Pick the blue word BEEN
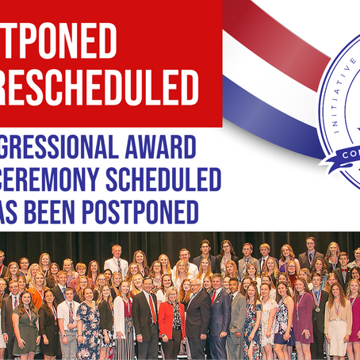(x=89, y=212)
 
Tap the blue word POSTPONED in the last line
(x=168, y=212)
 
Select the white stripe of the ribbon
(x=254, y=63)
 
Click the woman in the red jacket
(x=170, y=321)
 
